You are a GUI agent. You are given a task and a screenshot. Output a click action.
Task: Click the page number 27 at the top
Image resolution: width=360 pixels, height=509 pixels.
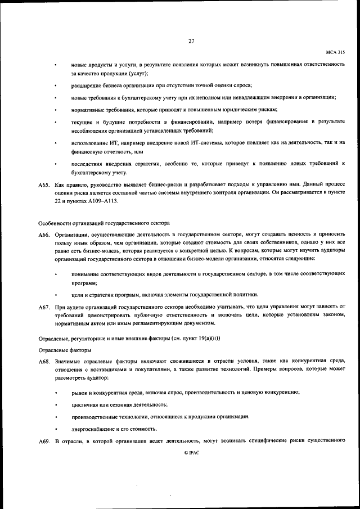(191, 41)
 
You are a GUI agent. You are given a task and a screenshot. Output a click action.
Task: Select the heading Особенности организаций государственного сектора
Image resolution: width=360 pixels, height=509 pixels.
(96, 223)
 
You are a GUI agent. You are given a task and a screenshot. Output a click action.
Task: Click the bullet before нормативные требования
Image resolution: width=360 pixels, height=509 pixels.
(56, 110)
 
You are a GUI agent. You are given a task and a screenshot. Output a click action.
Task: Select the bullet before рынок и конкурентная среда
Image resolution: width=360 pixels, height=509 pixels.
(56, 392)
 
